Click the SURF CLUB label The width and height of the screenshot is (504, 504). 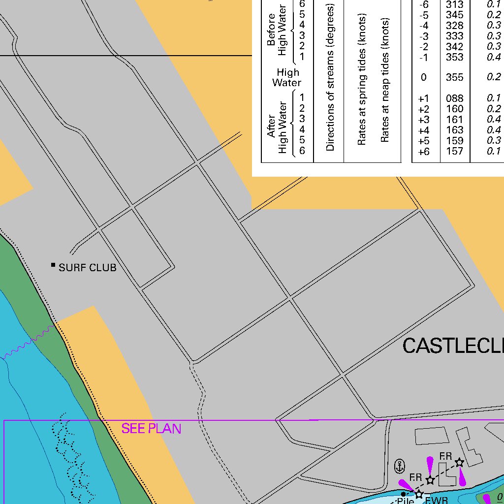(88, 268)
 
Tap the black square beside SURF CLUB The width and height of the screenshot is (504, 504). (53, 265)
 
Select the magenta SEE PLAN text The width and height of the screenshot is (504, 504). (151, 429)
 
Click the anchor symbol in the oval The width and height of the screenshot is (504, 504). (400, 465)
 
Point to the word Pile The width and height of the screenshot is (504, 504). (406, 501)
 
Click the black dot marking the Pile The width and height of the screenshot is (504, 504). (403, 494)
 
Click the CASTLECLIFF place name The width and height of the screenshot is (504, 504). (453, 346)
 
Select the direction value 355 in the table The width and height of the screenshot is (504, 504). (454, 77)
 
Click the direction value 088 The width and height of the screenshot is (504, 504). (454, 98)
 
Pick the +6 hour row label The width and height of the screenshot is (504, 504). (423, 152)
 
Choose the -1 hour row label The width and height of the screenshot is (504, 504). (423, 57)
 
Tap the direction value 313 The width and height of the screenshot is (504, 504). (454, 4)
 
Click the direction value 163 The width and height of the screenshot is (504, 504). (454, 130)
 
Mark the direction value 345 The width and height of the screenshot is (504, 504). (454, 15)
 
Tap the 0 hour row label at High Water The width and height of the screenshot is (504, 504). (423, 77)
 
